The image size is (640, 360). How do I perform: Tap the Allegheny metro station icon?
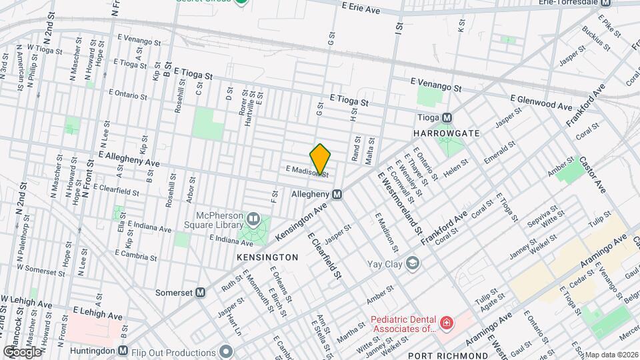pyautogui.click(x=337, y=194)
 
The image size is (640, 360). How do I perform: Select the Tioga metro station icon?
pyautogui.click(x=447, y=117)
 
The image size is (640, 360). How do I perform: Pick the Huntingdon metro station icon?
pyautogui.click(x=123, y=350)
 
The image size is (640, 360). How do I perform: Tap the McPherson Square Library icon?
pyautogui.click(x=253, y=219)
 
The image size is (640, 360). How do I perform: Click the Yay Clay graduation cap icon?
pyautogui.click(x=413, y=262)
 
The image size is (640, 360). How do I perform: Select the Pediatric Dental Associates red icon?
pyautogui.click(x=445, y=324)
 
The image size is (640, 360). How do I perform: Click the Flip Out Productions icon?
pyautogui.click(x=227, y=350)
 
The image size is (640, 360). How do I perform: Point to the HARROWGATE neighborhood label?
pyautogui.click(x=446, y=133)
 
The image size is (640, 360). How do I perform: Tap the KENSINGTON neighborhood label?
pyautogui.click(x=267, y=257)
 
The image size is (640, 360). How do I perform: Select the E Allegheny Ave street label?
pyautogui.click(x=129, y=159)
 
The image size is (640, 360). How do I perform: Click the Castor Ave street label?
pyautogui.click(x=591, y=175)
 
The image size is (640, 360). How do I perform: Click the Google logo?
pyautogui.click(x=23, y=351)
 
